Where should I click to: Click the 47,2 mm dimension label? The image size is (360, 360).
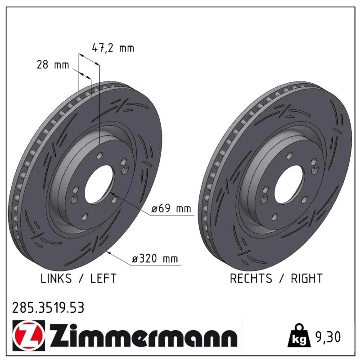113,48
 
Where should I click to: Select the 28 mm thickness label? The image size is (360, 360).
53,65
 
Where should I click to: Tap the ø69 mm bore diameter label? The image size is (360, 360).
171,208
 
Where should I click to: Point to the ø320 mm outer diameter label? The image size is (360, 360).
155,258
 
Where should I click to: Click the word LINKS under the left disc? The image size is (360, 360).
56,278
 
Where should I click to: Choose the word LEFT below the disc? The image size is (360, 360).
103,278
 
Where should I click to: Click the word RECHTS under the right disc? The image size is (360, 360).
251,278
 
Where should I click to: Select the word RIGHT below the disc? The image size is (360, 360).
307,278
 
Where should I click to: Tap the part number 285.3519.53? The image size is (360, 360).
48,308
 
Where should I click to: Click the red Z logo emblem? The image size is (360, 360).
28,335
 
